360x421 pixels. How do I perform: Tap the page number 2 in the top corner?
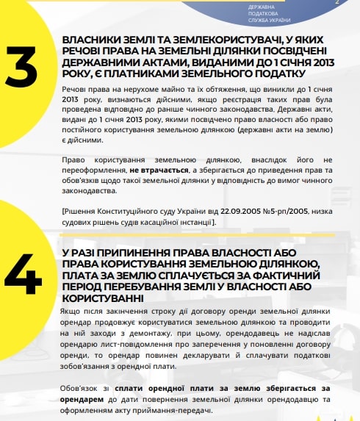[x=336, y=4]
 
